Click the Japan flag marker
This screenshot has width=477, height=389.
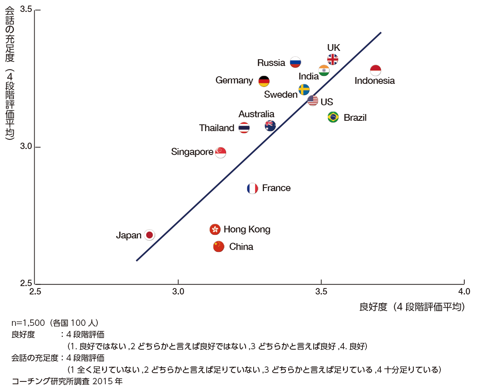pyautogui.click(x=149, y=235)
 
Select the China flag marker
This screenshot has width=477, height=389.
pyautogui.click(x=219, y=246)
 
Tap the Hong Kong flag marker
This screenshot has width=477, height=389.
pyautogui.click(x=215, y=229)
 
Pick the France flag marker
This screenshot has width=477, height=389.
pyautogui.click(x=252, y=188)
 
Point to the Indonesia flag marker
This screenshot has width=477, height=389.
pyautogui.click(x=376, y=70)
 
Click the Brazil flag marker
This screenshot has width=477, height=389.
pyautogui.click(x=333, y=117)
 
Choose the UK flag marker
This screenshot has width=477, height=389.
pyautogui.click(x=333, y=59)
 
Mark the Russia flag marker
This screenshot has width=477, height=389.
pyautogui.click(x=295, y=62)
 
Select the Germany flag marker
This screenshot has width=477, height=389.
pyautogui.click(x=264, y=81)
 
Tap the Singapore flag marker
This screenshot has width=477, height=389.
pyautogui.click(x=221, y=152)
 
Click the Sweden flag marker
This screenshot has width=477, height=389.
pyautogui.click(x=304, y=89)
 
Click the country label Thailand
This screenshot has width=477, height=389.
pyautogui.click(x=217, y=128)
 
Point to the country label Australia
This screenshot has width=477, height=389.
pyautogui.click(x=256, y=114)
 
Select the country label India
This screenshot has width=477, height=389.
pyautogui.click(x=309, y=76)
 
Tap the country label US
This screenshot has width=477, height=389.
pyautogui.click(x=327, y=102)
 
